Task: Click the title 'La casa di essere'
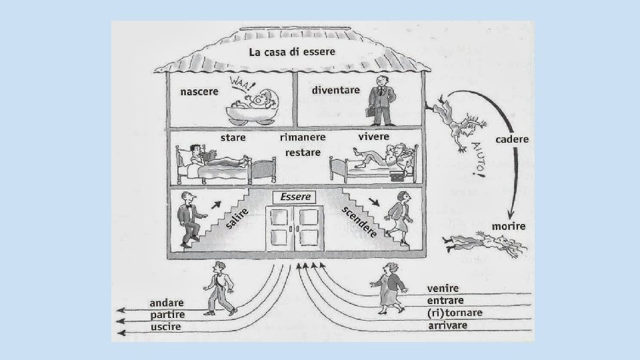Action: pos(292,51)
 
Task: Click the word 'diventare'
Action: pos(336,89)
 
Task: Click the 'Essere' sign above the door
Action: pos(296,197)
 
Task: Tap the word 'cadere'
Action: pos(512,139)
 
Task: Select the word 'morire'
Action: pos(509,227)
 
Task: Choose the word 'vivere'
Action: pos(374,137)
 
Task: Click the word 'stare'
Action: pos(233,137)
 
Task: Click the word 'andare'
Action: pos(167,303)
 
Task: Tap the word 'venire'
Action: pos(443,288)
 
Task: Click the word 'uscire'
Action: pos(165,327)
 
